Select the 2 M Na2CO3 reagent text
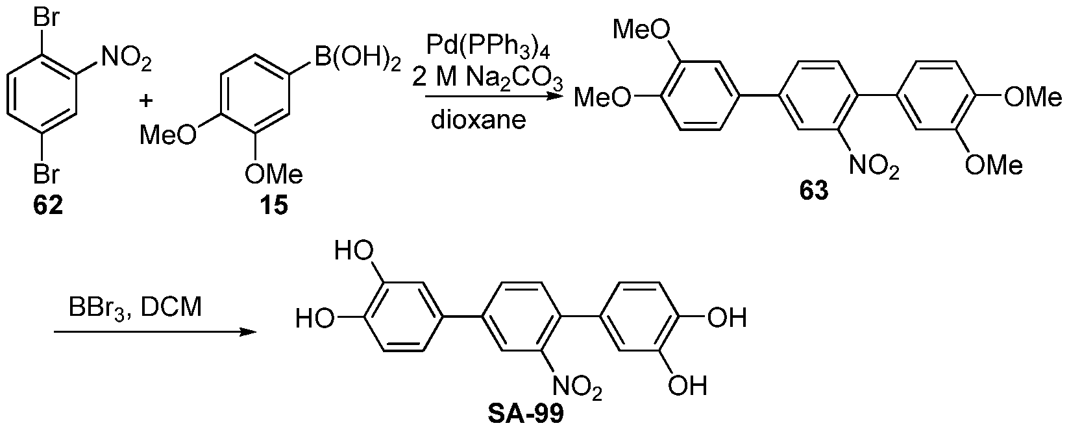[x=487, y=80]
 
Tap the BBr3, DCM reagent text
[x=135, y=307]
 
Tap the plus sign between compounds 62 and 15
[x=148, y=99]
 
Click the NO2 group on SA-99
[x=578, y=389]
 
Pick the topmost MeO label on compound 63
[x=639, y=29]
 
